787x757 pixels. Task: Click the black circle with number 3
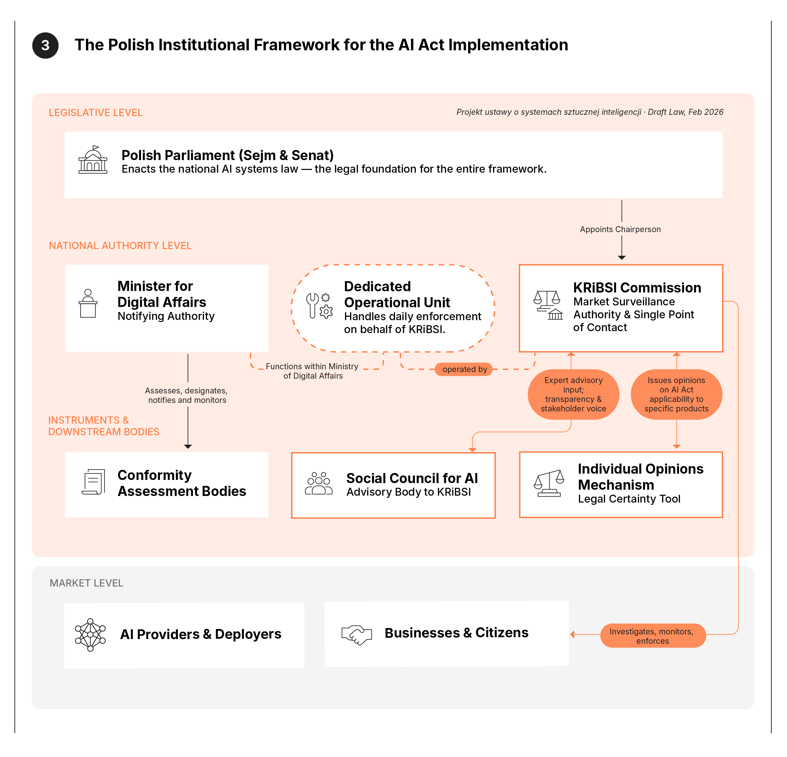pyautogui.click(x=45, y=45)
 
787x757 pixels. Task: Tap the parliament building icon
pyautogui.click(x=93, y=160)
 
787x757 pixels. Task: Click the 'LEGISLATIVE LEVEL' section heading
pyautogui.click(x=96, y=113)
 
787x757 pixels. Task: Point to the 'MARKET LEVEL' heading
pyautogui.click(x=86, y=583)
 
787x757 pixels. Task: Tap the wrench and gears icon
pyautogui.click(x=319, y=306)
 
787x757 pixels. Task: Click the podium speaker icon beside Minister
pyautogui.click(x=88, y=304)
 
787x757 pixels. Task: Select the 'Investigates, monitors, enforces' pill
pyautogui.click(x=653, y=636)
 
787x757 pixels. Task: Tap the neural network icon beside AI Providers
pyautogui.click(x=90, y=635)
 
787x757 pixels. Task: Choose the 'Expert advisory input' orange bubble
pyautogui.click(x=573, y=394)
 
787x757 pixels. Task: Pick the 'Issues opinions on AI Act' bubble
pyautogui.click(x=676, y=394)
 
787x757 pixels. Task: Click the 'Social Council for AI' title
pyautogui.click(x=412, y=478)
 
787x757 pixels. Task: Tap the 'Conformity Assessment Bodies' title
pyautogui.click(x=182, y=483)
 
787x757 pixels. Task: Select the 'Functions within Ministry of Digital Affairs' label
pyautogui.click(x=312, y=371)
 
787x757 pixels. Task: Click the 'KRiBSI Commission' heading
pyautogui.click(x=637, y=288)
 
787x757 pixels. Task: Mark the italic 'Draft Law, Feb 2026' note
pyautogui.click(x=685, y=112)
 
